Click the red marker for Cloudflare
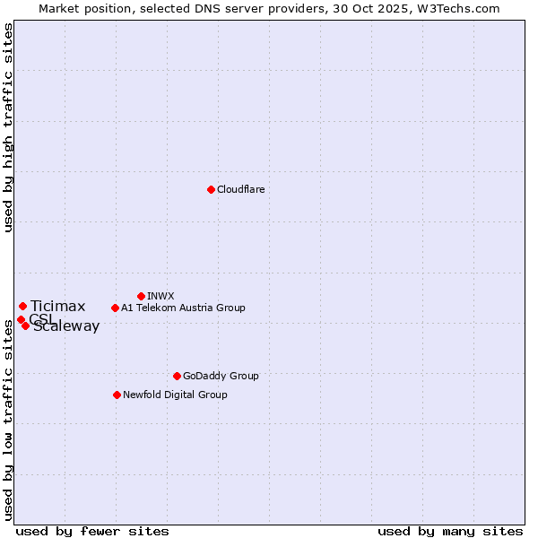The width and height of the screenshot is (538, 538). (x=211, y=189)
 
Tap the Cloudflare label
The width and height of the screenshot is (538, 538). (x=240, y=189)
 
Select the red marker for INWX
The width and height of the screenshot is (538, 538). (x=141, y=296)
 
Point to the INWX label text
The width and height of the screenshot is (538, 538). (x=161, y=296)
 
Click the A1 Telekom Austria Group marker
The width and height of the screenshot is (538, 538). (x=115, y=308)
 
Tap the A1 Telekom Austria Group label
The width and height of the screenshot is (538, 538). (x=183, y=308)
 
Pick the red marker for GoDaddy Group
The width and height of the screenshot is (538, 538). (x=177, y=376)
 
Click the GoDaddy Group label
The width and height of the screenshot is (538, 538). (x=221, y=376)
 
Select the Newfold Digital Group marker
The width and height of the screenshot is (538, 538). (x=117, y=395)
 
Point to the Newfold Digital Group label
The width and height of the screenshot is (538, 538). (x=175, y=395)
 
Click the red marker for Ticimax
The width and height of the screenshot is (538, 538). (x=22, y=307)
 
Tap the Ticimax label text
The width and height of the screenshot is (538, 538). (x=58, y=307)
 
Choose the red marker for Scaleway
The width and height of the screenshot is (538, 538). (x=25, y=325)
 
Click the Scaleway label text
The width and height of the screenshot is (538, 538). (x=66, y=326)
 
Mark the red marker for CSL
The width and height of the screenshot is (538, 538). (x=20, y=319)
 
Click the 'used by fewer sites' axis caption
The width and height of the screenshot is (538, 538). (x=92, y=531)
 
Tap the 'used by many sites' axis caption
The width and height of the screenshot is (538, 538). (x=450, y=531)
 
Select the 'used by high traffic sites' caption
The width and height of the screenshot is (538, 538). (x=9, y=127)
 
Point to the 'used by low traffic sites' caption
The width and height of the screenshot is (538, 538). (x=9, y=420)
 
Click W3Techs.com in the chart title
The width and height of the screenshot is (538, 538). (x=456, y=8)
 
